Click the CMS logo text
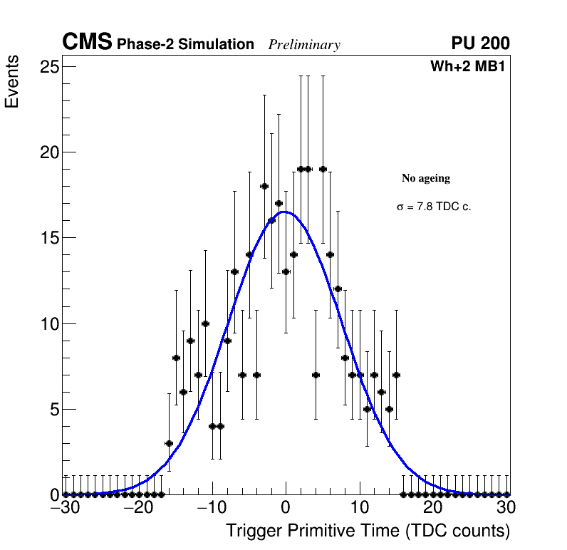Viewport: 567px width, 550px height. point(87,43)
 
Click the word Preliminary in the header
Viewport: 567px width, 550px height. point(304,45)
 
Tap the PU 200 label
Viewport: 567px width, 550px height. point(480,43)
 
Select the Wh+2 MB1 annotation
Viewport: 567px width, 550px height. point(467,67)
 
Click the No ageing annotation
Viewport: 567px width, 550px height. point(426,178)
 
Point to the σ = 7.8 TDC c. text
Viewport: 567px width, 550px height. point(434,207)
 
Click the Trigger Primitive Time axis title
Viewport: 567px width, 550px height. point(368,531)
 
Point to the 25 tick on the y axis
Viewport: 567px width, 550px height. point(49,67)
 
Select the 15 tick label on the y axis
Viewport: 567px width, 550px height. point(49,238)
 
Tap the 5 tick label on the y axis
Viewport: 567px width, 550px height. point(53,409)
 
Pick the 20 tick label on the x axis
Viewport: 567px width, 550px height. point(433,508)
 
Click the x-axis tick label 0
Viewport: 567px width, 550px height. point(286,508)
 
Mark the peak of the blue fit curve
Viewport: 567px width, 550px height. point(283,212)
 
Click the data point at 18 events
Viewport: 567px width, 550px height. point(264,186)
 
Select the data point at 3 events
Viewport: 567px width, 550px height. point(169,443)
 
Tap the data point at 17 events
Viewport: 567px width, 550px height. point(279,203)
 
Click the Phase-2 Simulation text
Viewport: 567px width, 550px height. point(185,45)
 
